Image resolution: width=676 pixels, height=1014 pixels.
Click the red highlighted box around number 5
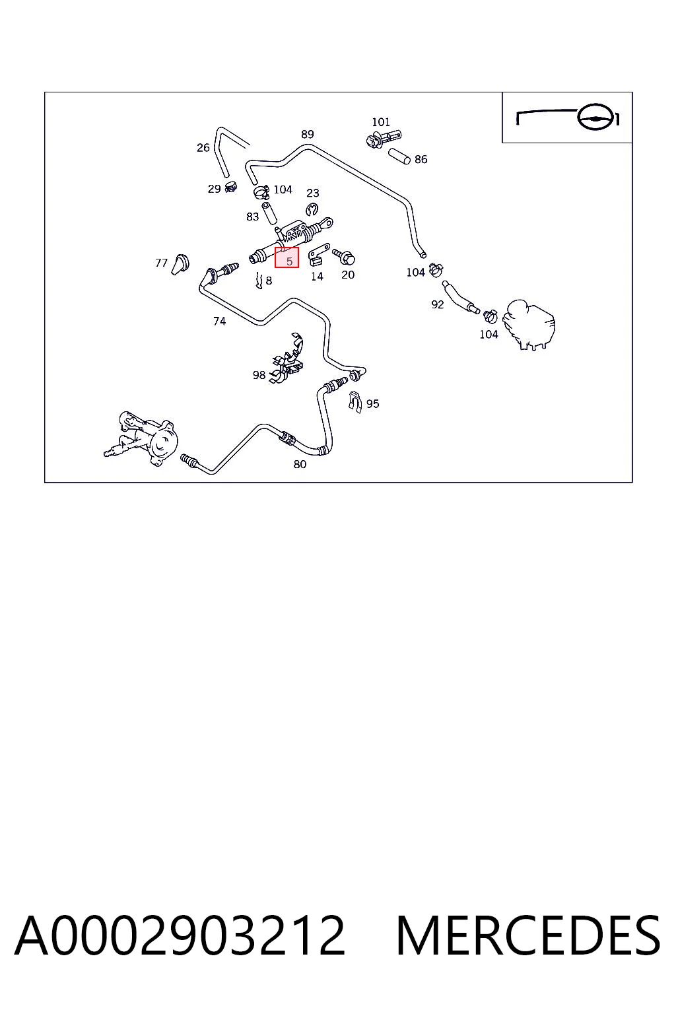click(287, 257)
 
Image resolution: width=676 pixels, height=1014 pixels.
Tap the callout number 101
click(381, 122)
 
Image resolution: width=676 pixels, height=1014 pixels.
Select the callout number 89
click(308, 135)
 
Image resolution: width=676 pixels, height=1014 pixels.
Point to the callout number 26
click(203, 148)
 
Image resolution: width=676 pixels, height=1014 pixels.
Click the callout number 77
click(161, 263)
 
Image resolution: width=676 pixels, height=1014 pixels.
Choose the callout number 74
click(220, 321)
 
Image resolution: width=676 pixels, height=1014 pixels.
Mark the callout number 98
click(259, 375)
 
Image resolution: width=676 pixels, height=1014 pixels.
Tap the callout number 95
click(372, 403)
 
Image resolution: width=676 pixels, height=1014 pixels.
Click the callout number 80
click(300, 464)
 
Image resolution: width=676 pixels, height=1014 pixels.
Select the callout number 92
click(438, 304)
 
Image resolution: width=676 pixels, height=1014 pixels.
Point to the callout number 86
click(421, 159)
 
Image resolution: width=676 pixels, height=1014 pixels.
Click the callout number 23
click(313, 193)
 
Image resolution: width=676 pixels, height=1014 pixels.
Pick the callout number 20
click(348, 275)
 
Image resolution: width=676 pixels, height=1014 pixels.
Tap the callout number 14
click(317, 276)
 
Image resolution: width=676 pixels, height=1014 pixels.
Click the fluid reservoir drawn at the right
click(529, 324)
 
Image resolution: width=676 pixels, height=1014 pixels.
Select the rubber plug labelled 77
click(180, 264)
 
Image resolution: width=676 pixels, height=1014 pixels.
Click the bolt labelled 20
click(344, 257)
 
